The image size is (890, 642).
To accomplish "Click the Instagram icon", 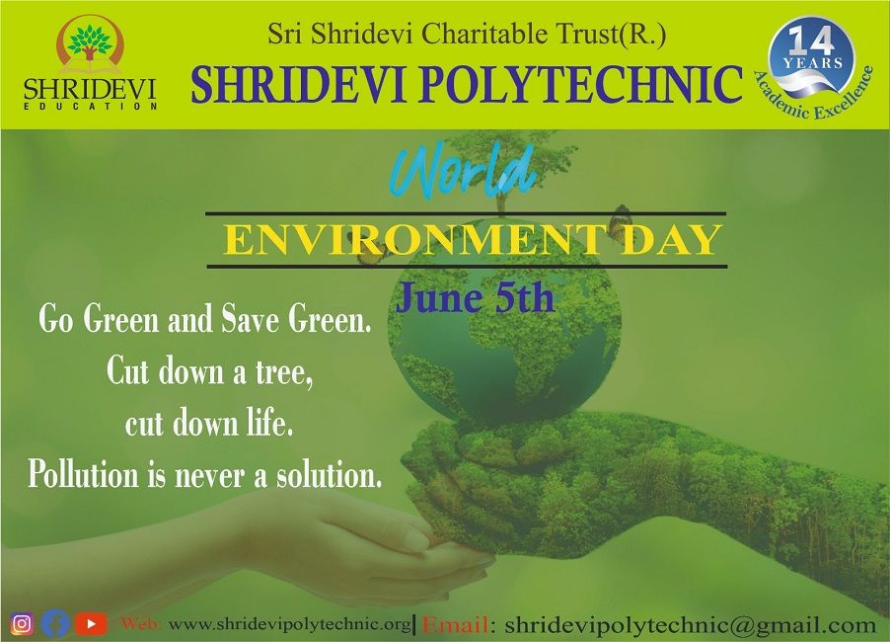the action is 22,623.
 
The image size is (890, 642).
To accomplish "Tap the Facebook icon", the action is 55,623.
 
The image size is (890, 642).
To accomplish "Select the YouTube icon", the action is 91,624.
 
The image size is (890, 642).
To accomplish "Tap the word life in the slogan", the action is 269,424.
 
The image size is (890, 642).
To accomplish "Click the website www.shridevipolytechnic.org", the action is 290,624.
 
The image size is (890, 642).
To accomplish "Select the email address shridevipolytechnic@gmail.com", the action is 691,625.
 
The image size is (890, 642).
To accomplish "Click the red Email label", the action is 456,625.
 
